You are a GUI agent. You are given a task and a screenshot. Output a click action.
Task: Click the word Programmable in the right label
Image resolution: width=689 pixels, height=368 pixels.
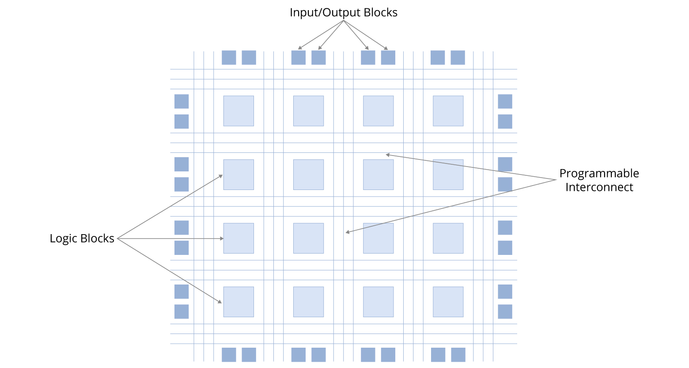(x=599, y=173)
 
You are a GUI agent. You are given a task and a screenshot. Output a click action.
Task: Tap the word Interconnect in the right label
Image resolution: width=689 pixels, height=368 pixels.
(x=599, y=187)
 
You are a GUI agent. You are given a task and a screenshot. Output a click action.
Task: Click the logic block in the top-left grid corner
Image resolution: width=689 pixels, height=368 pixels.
(x=238, y=111)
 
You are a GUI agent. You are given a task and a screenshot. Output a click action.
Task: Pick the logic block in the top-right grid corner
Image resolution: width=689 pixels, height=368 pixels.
(x=448, y=111)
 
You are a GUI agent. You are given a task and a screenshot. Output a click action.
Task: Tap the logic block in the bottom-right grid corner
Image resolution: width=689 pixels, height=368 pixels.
(x=448, y=302)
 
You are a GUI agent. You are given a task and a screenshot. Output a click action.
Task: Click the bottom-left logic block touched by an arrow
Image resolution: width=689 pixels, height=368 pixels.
(x=238, y=302)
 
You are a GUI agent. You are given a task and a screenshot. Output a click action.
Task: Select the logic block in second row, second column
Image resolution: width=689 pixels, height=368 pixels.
(x=308, y=175)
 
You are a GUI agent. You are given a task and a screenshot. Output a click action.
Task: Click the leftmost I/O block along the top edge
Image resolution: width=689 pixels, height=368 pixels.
(x=229, y=57)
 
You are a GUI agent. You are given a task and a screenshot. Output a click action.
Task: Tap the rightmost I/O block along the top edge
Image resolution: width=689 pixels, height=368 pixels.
(x=458, y=57)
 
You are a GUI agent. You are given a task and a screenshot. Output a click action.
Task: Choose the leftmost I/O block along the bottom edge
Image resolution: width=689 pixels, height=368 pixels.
(x=229, y=355)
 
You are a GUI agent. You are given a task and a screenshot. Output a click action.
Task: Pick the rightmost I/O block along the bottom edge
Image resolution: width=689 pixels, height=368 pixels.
(x=458, y=355)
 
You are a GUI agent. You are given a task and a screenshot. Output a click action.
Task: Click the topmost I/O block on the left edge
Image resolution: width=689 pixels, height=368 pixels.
(x=182, y=101)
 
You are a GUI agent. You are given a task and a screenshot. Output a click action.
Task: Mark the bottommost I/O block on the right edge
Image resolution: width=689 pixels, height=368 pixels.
(x=505, y=311)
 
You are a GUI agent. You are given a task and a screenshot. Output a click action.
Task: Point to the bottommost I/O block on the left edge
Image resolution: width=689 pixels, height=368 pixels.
(x=182, y=311)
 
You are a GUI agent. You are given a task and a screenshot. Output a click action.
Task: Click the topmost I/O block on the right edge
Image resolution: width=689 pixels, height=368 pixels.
(x=505, y=101)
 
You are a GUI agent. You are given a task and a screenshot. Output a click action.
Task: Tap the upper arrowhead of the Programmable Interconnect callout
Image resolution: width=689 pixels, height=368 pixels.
(x=387, y=155)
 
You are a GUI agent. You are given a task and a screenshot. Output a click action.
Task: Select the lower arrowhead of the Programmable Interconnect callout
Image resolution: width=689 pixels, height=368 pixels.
(x=348, y=232)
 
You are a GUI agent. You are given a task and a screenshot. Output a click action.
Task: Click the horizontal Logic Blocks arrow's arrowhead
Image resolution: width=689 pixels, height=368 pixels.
(x=222, y=239)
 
